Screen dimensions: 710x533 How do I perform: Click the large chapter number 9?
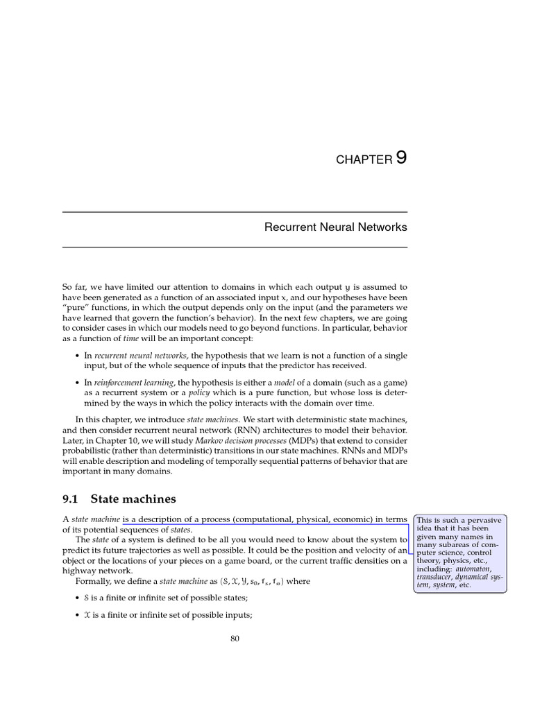coord(401,157)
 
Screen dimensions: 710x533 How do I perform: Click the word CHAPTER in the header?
coord(364,160)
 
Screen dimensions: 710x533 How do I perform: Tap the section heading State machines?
coord(133,499)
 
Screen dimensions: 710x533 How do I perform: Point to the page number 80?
coord(235,639)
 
